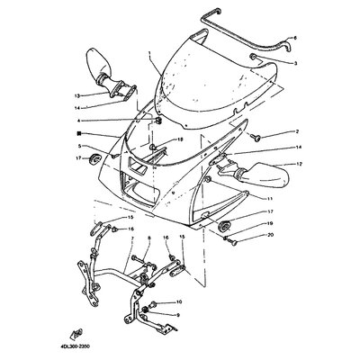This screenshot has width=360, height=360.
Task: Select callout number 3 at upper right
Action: click(294, 64)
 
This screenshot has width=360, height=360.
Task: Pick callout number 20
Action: click(269, 195)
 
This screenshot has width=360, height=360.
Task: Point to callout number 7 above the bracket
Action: click(299, 164)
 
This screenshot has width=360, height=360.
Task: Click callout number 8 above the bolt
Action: click(77, 94)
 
